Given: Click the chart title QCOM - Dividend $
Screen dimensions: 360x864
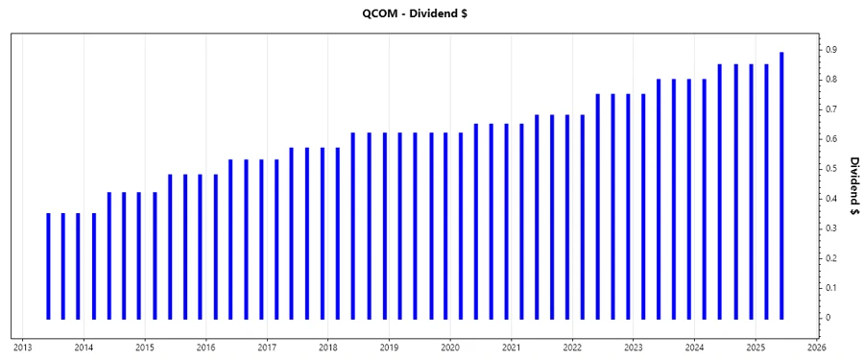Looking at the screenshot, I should (x=432, y=14).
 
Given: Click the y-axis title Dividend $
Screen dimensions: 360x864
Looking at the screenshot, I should (x=853, y=187).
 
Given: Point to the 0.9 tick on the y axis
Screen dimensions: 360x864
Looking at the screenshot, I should (x=832, y=49).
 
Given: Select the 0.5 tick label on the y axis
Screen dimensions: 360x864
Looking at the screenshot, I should (x=832, y=168).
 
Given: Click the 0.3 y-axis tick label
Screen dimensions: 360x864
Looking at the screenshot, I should (x=832, y=228).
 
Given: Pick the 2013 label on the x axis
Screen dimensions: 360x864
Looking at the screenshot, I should (x=23, y=347).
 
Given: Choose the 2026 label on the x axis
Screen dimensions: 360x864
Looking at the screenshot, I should (x=817, y=347).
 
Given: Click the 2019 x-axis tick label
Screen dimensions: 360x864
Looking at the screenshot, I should (x=389, y=347).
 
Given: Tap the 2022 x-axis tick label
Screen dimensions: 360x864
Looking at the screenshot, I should (x=572, y=347).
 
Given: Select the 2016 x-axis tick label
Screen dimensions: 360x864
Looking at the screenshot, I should (x=205, y=347).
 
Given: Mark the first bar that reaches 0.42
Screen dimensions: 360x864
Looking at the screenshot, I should (x=109, y=255).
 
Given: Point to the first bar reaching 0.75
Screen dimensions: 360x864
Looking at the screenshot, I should (x=598, y=206).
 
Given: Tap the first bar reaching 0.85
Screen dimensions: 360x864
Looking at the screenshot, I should (x=720, y=191).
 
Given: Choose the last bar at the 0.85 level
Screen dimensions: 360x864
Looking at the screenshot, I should (x=766, y=191).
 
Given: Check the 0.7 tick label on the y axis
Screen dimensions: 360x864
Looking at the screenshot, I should (x=832, y=108).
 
